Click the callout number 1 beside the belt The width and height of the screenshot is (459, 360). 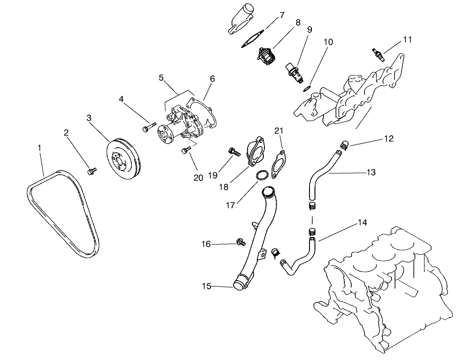[x=39, y=148]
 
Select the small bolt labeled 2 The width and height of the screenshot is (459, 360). [x=92, y=170]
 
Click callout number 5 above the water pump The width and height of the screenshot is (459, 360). [x=161, y=77]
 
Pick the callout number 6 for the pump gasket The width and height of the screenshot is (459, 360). [x=212, y=79]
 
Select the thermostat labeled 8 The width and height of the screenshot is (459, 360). [x=265, y=57]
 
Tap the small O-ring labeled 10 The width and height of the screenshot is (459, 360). [x=307, y=88]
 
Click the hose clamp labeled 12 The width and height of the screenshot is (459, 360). [x=345, y=143]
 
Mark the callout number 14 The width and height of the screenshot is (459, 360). [x=363, y=222]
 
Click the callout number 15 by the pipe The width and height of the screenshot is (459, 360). [x=206, y=286]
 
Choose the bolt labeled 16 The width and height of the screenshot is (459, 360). [x=240, y=243]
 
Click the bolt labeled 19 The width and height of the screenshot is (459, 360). [x=233, y=152]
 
